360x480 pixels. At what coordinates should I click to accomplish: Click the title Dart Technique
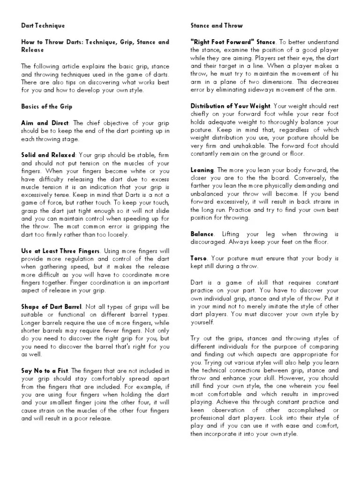pyautogui.click(x=43, y=25)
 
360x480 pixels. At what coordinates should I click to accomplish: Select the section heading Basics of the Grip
pyautogui.click(x=46, y=106)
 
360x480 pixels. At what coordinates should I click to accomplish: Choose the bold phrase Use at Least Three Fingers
pyautogui.click(x=60, y=251)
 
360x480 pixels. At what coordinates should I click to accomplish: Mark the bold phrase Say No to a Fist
pyautogui.click(x=45, y=371)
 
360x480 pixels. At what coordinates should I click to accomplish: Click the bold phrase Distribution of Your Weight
pyautogui.click(x=231, y=106)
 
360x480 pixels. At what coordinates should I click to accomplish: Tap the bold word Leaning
pyautogui.click(x=202, y=170)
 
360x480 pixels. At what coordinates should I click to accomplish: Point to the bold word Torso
pyautogui.click(x=199, y=258)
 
